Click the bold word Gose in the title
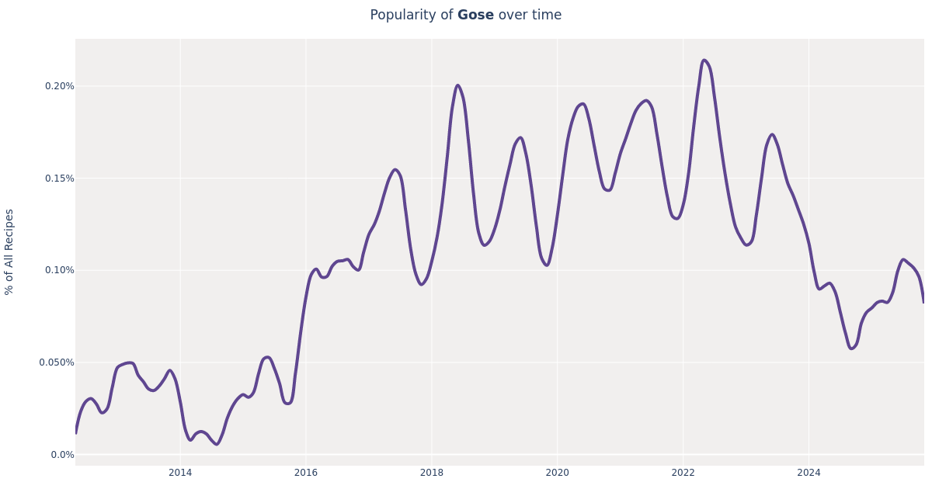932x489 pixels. click(475, 16)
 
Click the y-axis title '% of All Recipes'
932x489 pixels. click(9, 251)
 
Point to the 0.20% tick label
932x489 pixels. click(59, 86)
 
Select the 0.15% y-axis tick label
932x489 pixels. click(59, 179)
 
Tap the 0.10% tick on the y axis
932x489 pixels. click(59, 270)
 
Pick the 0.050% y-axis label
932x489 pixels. click(57, 362)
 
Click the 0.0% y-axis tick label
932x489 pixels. click(62, 455)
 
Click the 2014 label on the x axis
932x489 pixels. click(180, 473)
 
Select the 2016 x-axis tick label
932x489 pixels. click(306, 473)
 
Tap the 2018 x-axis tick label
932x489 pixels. click(432, 473)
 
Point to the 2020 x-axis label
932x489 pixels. click(557, 473)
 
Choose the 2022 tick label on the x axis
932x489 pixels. click(683, 473)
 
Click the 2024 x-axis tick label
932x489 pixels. click(809, 473)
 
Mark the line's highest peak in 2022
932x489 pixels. click(704, 60)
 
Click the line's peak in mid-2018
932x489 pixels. click(457, 85)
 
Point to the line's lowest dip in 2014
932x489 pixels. click(217, 444)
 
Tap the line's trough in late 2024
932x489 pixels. click(851, 349)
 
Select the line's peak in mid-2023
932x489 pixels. click(771, 134)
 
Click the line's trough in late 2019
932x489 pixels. click(546, 265)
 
